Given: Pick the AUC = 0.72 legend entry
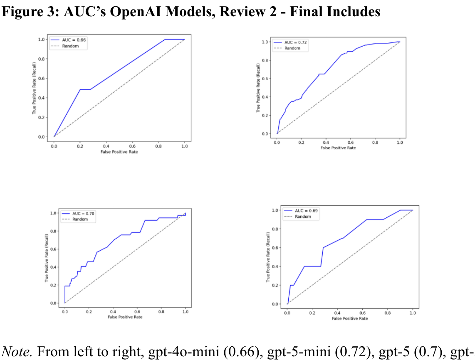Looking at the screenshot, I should [x=293, y=42].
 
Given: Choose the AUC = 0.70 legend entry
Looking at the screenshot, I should [x=83, y=214].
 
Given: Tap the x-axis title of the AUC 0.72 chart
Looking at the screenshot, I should [x=338, y=148].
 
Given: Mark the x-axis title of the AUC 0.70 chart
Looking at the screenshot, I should [x=125, y=317].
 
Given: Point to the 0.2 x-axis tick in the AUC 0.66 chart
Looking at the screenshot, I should [x=80, y=147].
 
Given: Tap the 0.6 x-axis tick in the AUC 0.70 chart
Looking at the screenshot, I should [x=137, y=311].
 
